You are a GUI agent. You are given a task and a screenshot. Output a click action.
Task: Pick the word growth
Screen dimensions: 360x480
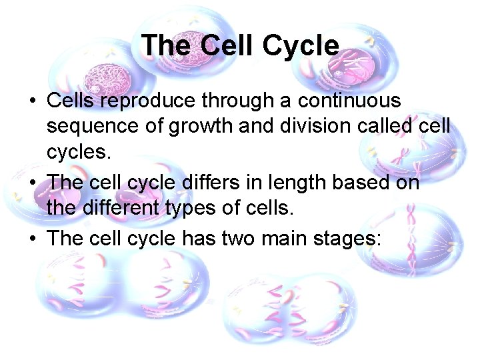pyautogui.click(x=203, y=126)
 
